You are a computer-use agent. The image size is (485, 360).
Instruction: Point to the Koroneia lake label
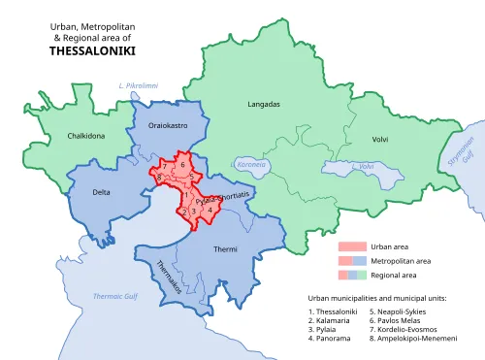(249, 164)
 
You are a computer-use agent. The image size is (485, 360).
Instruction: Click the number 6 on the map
(182, 165)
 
